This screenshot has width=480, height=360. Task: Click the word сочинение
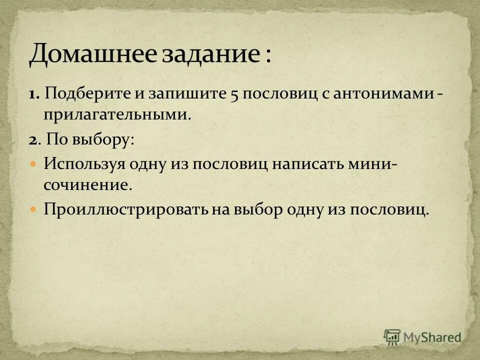click(87, 185)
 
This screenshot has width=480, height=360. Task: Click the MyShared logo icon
click(392, 336)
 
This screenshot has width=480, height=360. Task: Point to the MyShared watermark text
click(433, 337)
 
